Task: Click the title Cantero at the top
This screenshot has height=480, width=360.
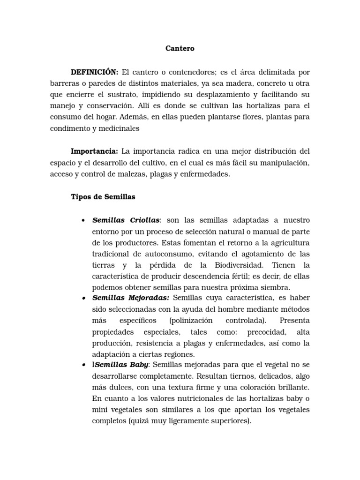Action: pos(180,48)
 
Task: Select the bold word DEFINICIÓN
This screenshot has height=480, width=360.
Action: pos(94,72)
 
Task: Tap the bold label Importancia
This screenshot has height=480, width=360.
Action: pos(94,151)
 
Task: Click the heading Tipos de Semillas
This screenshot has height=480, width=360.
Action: pos(103,197)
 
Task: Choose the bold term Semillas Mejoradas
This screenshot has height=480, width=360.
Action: pos(131,298)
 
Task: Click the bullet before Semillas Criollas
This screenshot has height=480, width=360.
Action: pos(83,220)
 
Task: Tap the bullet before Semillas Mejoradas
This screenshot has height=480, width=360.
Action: pos(83,298)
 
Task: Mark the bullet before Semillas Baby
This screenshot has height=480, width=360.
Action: pos(83,365)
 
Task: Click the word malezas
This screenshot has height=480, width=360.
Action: pos(133,174)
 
